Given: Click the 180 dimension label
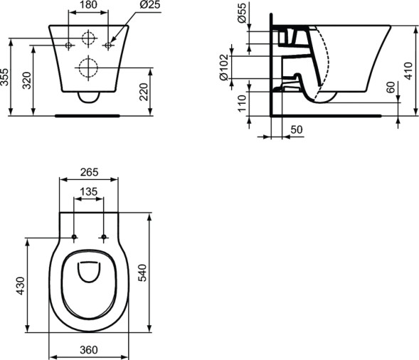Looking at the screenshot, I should point(88,6).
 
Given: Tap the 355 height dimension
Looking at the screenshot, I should point(6,77).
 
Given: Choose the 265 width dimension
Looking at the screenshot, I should point(88,172).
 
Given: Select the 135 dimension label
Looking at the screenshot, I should point(88,191).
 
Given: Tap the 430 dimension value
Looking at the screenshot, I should point(21,285).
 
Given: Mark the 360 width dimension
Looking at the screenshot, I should point(88,351).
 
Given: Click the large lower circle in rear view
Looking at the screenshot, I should point(88,68).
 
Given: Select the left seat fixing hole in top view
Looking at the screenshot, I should point(74,236).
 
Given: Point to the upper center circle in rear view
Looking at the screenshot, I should point(88,38).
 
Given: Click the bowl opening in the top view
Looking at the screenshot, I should point(88,279).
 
